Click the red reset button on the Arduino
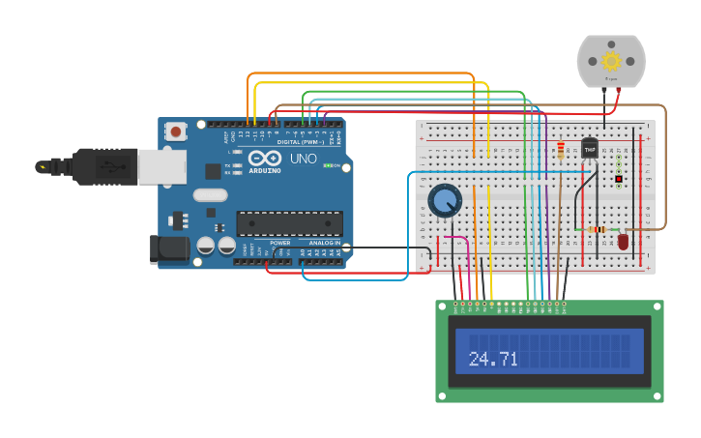(x=175, y=131)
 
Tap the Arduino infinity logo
(x=264, y=158)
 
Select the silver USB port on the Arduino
(x=161, y=166)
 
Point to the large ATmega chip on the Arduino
(x=289, y=223)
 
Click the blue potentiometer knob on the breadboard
(x=445, y=201)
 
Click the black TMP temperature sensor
(x=590, y=150)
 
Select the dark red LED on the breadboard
(x=623, y=241)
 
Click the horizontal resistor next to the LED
(x=598, y=229)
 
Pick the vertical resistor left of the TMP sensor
(x=561, y=150)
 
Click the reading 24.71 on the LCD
(x=493, y=359)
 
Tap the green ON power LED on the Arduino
(x=328, y=165)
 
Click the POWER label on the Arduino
(x=280, y=243)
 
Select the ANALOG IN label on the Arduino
(x=324, y=243)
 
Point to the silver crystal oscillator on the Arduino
(x=210, y=194)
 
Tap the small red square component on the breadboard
(x=619, y=179)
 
